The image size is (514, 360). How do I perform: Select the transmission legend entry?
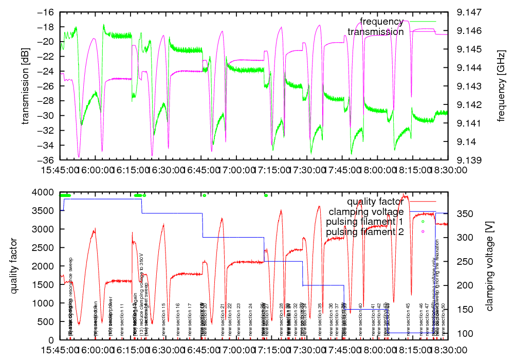[x=375, y=32]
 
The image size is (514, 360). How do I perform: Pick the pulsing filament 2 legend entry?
[x=364, y=231]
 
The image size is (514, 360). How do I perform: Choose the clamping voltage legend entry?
[x=366, y=211]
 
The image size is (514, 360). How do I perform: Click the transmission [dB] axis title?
[x=25, y=86]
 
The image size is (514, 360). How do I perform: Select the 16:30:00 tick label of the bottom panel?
[x=166, y=350]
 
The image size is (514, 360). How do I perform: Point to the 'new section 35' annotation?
[x=320, y=320]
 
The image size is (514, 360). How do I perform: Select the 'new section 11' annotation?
[x=122, y=320]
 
